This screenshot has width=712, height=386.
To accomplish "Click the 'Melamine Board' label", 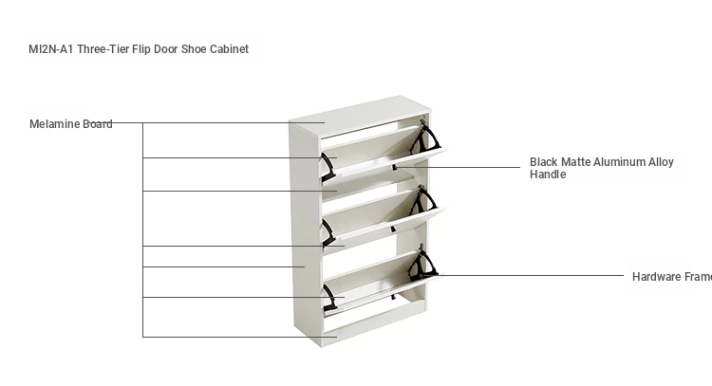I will [70, 124].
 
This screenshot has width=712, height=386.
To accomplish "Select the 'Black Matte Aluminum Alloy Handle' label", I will [601, 168].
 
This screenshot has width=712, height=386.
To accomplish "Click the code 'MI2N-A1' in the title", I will [49, 49].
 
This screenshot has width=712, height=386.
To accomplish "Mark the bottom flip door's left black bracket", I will [330, 297].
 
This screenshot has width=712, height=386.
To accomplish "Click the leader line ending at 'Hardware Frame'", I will [532, 276].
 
